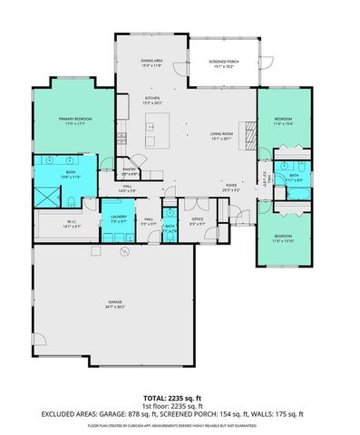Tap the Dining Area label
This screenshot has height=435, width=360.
(x=151, y=61)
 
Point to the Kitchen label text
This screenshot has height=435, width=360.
(x=152, y=98)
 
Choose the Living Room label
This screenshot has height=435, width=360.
(x=223, y=133)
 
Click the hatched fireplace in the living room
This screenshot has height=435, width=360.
(x=244, y=128)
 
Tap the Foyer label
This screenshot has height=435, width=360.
(x=232, y=186)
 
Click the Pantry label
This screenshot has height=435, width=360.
(x=129, y=169)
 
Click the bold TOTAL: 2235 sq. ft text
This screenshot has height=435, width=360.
(x=179, y=397)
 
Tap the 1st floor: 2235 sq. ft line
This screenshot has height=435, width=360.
(x=179, y=405)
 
